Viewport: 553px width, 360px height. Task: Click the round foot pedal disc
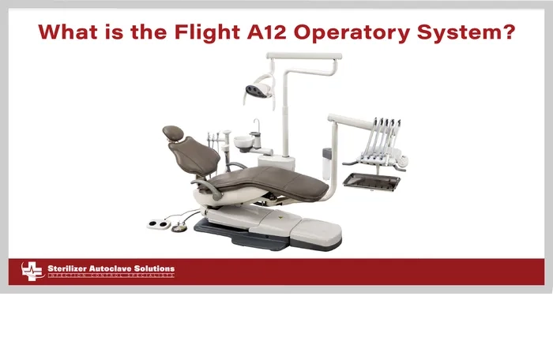click(179, 227)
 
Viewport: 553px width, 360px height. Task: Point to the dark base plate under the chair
click(237, 231)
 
